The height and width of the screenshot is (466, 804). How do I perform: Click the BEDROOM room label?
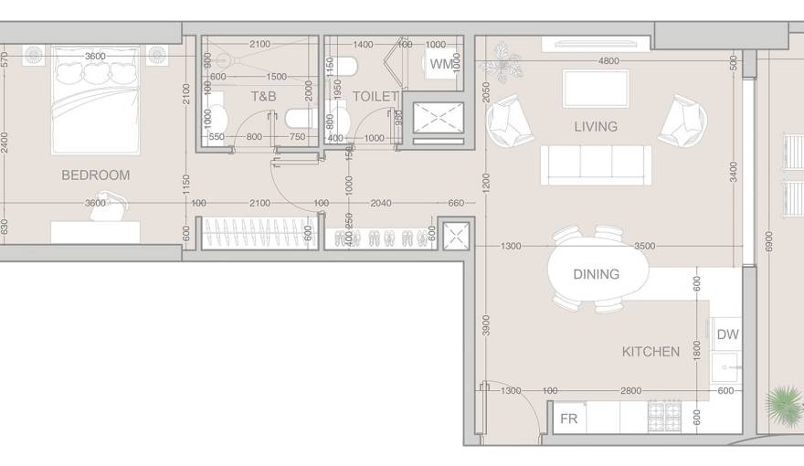coord(95,175)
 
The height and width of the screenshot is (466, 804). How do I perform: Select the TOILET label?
coord(375,96)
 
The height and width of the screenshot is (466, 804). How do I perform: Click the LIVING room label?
coord(596,126)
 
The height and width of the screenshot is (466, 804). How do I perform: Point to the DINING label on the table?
coord(596,273)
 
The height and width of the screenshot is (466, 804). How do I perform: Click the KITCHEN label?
coord(651,351)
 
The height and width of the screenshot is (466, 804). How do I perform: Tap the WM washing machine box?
coord(440,64)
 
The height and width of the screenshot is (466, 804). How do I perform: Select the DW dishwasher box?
coord(727,334)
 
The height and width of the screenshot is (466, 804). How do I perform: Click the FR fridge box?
coord(568,419)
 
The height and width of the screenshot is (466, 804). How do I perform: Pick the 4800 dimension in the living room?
coord(608,61)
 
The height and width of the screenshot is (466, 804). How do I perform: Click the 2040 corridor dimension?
coord(382,203)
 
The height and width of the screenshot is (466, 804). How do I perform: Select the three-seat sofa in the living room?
coord(596,164)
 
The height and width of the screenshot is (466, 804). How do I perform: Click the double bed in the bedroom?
coord(95,101)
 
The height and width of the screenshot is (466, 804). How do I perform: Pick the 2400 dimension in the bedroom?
coord(5,142)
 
